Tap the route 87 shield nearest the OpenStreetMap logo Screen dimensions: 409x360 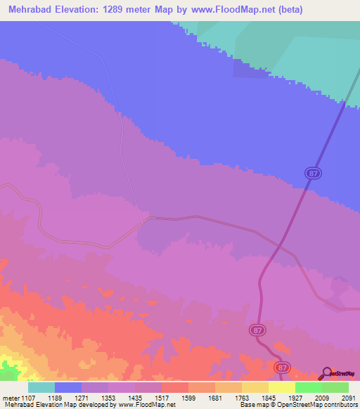click(x=282, y=368)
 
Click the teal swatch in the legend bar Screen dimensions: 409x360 click(x=41, y=387)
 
